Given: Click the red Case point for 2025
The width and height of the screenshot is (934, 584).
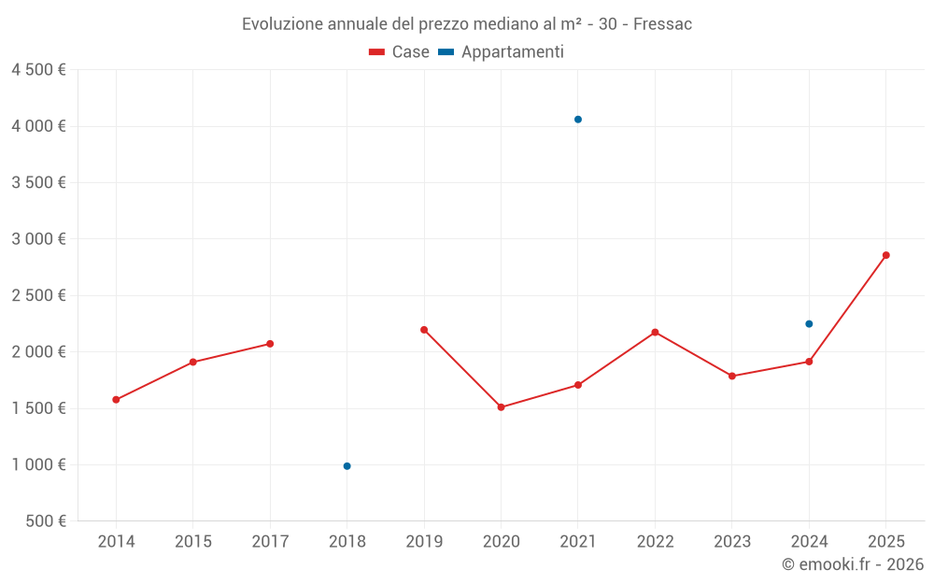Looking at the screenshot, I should [885, 255].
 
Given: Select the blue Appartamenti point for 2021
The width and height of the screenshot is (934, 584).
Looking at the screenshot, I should [577, 120].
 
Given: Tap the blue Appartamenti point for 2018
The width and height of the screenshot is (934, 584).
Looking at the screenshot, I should [347, 466].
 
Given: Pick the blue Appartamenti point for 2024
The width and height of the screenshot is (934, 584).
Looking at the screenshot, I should [809, 324].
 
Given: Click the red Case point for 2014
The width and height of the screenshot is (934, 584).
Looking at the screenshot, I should [116, 400].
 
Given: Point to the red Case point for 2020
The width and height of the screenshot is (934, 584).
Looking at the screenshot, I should [501, 407].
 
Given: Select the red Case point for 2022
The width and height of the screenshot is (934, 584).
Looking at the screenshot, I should [655, 332].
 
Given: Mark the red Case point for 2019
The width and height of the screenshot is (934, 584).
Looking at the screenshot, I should [424, 330].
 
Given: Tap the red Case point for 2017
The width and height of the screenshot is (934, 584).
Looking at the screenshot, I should [270, 344].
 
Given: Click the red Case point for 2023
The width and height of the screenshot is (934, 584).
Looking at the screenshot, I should [732, 376].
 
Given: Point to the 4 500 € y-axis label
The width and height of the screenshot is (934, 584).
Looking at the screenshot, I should [38, 70].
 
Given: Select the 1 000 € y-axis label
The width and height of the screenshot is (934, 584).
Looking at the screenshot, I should [38, 465].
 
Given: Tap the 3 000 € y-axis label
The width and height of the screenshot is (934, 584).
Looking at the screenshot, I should [38, 239].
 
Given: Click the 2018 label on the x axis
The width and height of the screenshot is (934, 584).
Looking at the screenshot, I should [347, 542].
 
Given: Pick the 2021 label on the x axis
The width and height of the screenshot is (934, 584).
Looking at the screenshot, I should [577, 542].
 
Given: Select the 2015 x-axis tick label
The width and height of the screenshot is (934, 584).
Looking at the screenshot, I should [192, 542].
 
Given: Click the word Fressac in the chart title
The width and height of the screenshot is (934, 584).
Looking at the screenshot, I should [662, 24].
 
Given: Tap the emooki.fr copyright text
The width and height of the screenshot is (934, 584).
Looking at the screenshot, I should [853, 564].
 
